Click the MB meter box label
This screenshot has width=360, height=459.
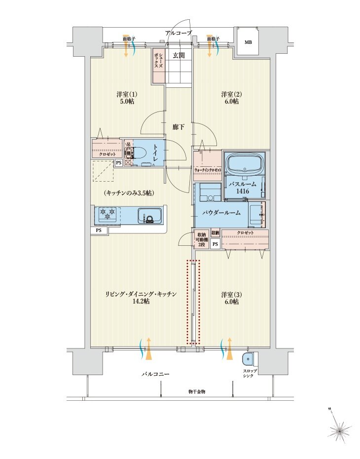click(x=248, y=42)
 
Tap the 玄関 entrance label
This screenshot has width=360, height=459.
click(x=179, y=55)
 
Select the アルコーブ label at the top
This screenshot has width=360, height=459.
click(x=179, y=33)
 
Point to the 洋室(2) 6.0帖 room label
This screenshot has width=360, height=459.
click(x=230, y=97)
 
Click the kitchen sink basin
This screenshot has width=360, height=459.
click(x=149, y=216)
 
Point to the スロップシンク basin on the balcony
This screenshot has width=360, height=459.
click(x=248, y=359)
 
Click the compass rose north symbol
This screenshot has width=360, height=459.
click(x=340, y=430)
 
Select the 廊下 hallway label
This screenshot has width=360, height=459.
click(x=179, y=127)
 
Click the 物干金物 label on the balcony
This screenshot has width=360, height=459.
click(x=196, y=391)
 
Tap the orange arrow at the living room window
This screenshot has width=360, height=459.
click(x=146, y=349)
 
